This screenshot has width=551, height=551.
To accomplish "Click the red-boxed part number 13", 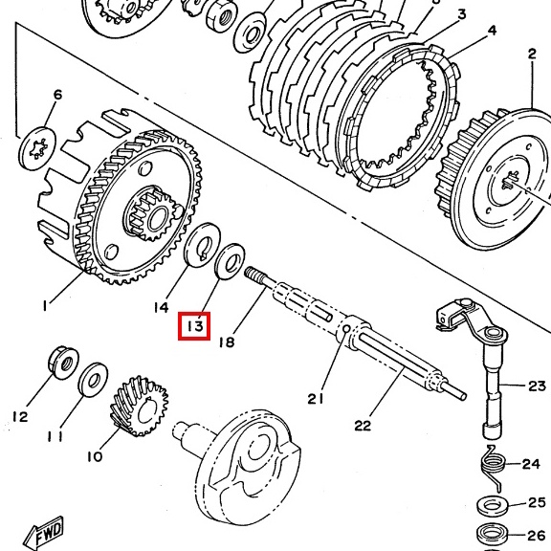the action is [195, 326].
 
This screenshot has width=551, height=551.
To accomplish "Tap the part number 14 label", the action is [161, 307].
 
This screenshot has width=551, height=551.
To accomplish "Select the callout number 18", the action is [227, 342].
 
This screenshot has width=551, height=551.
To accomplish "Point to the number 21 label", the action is [316, 399].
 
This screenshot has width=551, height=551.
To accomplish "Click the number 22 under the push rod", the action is [363, 426].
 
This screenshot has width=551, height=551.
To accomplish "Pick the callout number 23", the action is [537, 386].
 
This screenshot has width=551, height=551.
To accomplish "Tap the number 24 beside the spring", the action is [531, 464].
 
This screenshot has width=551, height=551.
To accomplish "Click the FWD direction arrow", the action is [45, 532].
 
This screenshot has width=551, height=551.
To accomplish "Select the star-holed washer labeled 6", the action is [37, 149].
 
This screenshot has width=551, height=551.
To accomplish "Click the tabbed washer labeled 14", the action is [202, 245].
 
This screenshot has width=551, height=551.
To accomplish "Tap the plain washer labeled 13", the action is [230, 261].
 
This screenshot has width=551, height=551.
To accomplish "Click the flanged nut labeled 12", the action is [63, 363].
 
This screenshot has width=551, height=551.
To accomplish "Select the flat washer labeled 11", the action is [93, 381].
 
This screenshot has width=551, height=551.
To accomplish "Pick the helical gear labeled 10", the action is [140, 407].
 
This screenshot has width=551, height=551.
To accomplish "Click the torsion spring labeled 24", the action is [493, 468].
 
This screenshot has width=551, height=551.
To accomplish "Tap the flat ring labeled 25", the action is [493, 506].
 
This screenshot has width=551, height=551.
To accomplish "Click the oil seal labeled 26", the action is [493, 534].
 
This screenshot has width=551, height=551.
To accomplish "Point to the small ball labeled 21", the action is [345, 328].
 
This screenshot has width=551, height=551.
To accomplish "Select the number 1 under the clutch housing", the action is [45, 306].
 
